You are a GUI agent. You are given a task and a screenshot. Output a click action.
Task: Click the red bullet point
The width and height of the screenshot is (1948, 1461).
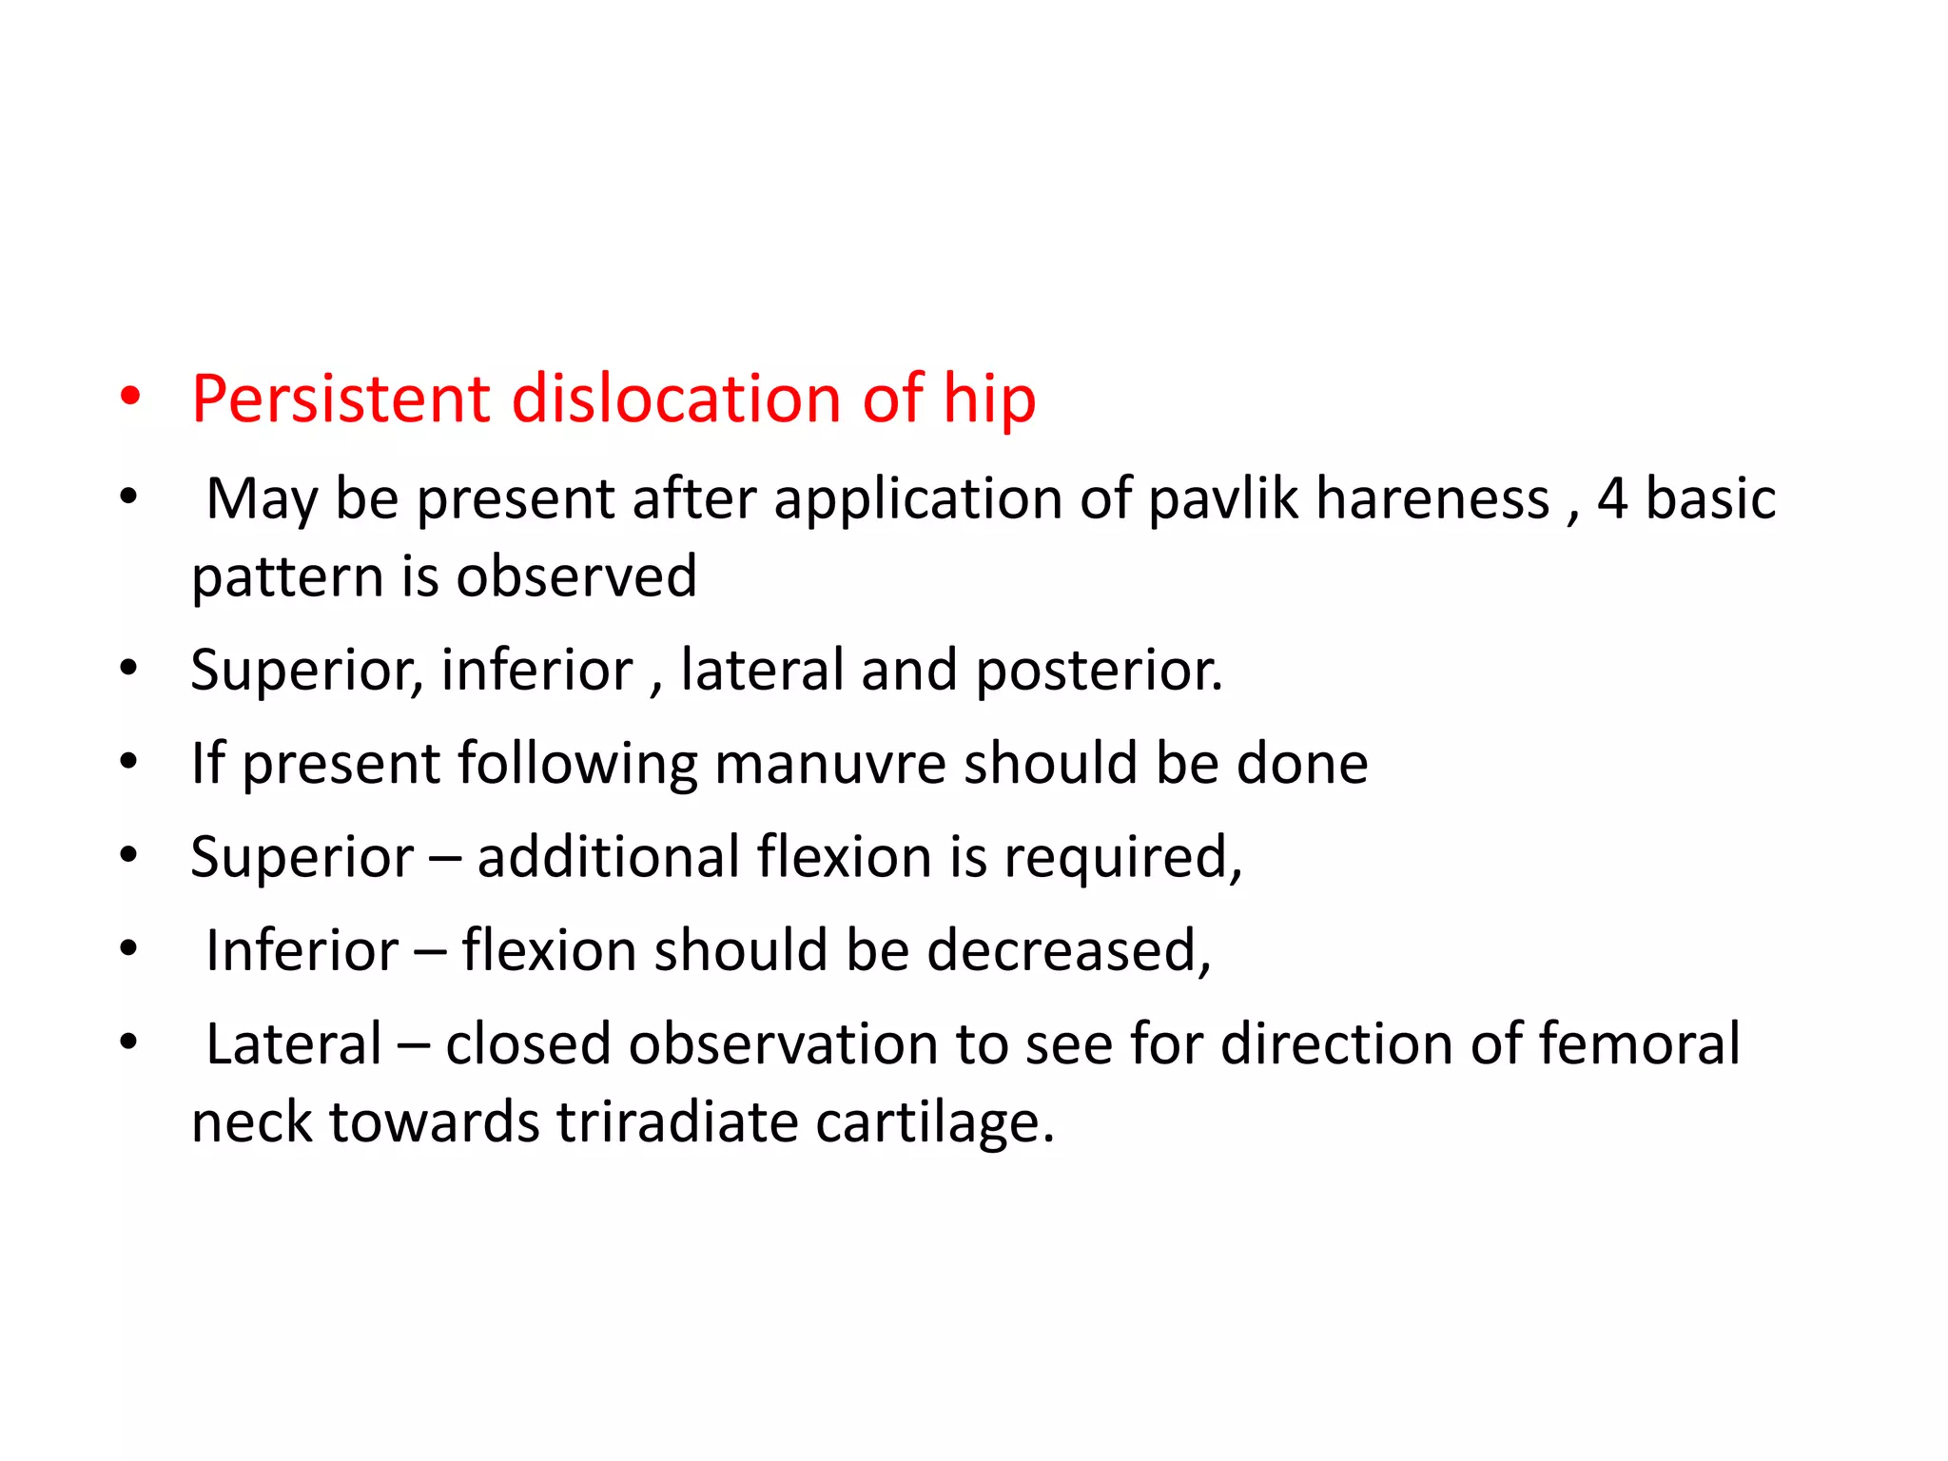(x=130, y=397)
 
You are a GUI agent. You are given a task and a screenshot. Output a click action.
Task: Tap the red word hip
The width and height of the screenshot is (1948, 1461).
(x=988, y=399)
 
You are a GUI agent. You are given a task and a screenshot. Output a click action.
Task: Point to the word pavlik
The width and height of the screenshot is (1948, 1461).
(x=1223, y=498)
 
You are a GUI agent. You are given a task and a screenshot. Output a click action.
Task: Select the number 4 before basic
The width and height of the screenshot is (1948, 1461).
(x=1611, y=498)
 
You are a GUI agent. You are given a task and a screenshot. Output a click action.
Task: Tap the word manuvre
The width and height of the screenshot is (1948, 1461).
(x=830, y=764)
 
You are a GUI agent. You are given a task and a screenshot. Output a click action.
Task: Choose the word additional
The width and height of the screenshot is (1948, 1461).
(x=609, y=857)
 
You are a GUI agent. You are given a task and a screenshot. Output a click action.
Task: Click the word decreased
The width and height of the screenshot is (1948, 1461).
(x=1068, y=950)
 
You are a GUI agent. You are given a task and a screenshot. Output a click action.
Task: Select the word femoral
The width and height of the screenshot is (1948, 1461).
(x=1640, y=1043)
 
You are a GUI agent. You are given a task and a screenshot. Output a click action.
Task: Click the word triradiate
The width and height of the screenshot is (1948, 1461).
(x=677, y=1121)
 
